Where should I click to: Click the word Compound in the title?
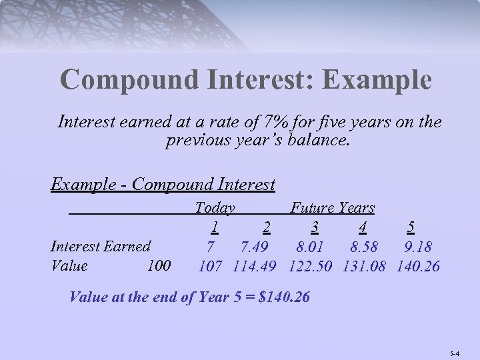[128, 81]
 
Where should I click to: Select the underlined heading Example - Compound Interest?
[163, 184]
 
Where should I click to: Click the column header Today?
[214, 208]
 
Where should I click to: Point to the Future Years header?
[333, 208]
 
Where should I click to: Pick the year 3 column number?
[313, 227]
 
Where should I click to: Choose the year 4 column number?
[362, 227]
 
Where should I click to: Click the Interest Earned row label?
[101, 246]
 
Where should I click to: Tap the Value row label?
[69, 265]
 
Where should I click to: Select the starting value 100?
[159, 265]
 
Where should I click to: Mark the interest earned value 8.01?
[311, 246]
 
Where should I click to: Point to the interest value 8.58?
[364, 246]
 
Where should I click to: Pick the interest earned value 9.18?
[418, 246]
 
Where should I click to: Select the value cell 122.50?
[311, 265]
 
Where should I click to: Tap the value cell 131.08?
[364, 265]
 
